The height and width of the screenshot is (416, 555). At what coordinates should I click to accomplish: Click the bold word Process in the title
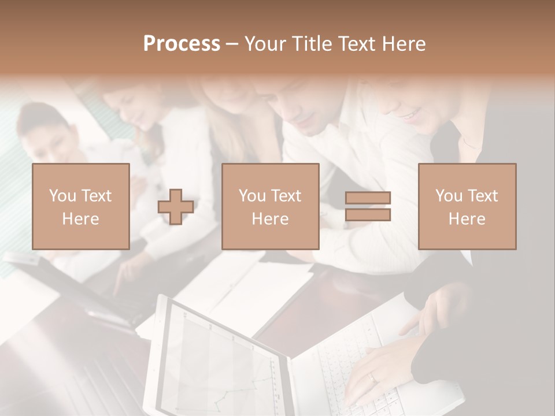click(182, 44)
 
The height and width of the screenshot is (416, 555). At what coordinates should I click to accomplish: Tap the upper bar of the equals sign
click(368, 198)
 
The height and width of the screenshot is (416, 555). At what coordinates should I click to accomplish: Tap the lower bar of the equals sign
click(368, 215)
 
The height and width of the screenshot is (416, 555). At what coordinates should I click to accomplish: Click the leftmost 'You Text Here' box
click(80, 206)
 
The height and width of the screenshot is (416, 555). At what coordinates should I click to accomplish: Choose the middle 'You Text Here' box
click(270, 206)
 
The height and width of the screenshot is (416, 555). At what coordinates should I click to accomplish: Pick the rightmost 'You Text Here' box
click(467, 206)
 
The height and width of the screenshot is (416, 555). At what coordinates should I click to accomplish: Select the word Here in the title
click(404, 44)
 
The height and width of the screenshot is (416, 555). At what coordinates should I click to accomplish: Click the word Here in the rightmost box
click(467, 219)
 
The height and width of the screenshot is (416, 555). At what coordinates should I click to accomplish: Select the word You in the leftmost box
click(62, 195)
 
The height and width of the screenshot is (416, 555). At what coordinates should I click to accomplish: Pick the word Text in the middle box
click(286, 195)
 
